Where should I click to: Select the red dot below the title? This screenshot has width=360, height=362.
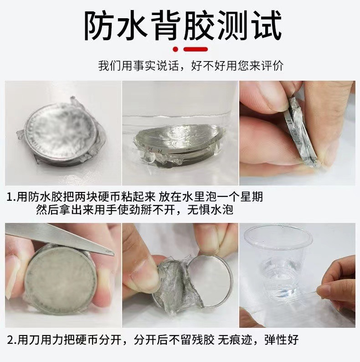tap(176, 49)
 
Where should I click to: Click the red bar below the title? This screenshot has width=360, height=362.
tap(195, 49)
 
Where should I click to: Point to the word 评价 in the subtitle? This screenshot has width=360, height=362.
tap(273, 66)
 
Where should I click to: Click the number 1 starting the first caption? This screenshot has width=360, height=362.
tap(10, 197)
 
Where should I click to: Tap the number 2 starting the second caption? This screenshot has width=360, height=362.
tap(10, 340)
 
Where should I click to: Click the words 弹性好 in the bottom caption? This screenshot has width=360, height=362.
tap(281, 340)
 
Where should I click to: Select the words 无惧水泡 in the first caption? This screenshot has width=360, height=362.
tap(210, 210)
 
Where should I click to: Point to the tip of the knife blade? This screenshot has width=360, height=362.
tap(114, 254)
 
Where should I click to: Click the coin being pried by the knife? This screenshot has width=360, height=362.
tap(61, 280)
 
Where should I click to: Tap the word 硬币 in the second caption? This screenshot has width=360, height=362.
tap(87, 340)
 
